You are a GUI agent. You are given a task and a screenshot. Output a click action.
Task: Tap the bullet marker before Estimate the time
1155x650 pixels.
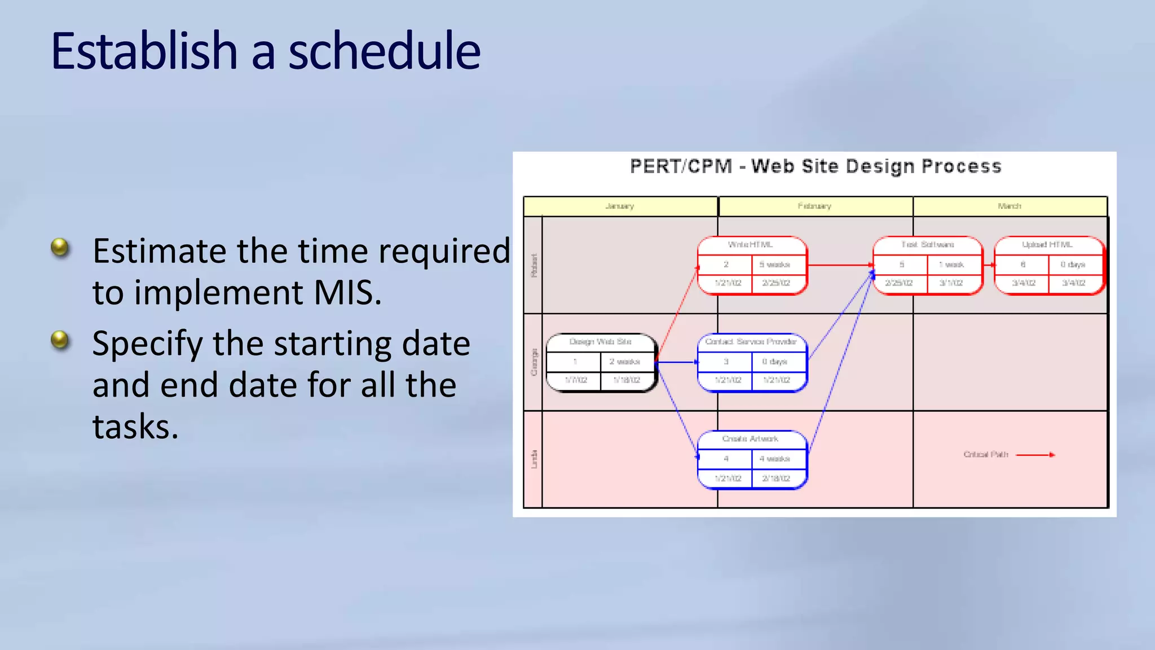(x=59, y=247)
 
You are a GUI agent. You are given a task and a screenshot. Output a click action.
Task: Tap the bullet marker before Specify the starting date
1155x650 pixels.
(x=59, y=340)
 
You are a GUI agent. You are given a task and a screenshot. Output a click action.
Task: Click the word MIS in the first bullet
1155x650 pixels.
(x=347, y=292)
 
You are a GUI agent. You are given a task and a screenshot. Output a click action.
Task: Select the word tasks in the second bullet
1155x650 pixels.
(x=135, y=426)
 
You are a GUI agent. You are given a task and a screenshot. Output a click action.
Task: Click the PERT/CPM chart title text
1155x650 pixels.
(x=815, y=166)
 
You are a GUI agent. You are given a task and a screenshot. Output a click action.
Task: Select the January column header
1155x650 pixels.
(x=620, y=206)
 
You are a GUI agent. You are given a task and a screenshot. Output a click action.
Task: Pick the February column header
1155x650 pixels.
(x=814, y=206)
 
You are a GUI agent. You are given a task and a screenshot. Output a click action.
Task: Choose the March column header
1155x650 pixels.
(x=1009, y=206)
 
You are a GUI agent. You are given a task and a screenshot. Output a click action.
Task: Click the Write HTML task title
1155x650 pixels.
(x=750, y=244)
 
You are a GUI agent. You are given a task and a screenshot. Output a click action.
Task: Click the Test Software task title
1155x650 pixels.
(x=927, y=244)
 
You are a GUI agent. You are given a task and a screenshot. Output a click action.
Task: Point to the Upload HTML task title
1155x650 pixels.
(x=1047, y=244)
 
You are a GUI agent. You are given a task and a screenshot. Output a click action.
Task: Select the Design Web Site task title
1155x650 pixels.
(x=600, y=341)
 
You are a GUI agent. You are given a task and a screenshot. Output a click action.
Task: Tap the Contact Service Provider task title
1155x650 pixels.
(x=751, y=341)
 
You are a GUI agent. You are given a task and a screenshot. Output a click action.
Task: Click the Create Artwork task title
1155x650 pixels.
(x=750, y=438)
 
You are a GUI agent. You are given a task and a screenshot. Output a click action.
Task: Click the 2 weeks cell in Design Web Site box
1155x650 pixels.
(x=625, y=361)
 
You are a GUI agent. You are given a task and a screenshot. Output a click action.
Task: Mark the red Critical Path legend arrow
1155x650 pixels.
(x=1035, y=454)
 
